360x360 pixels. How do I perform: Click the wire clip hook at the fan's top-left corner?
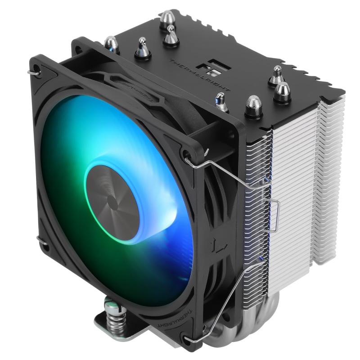click(x=32, y=71)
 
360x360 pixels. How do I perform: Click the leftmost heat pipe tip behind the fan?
click(x=112, y=44)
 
